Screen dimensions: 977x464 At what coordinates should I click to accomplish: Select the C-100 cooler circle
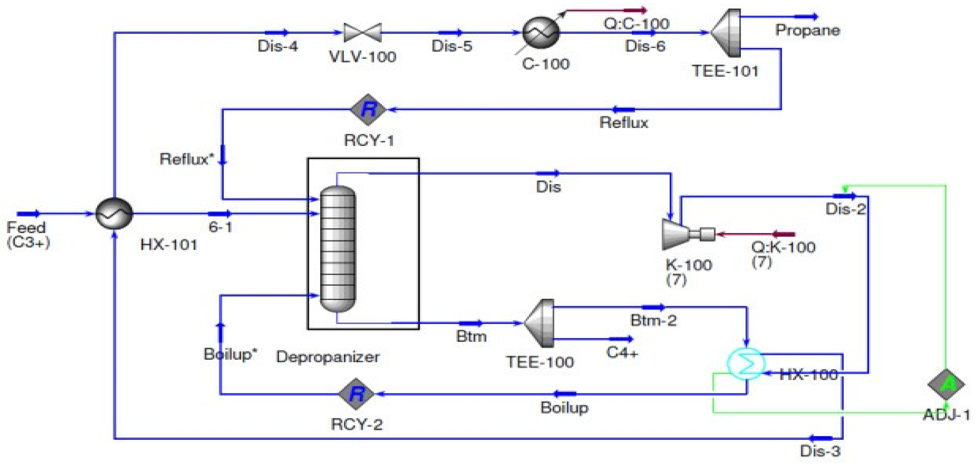pos(541,33)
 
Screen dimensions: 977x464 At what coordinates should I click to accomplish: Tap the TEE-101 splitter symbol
pos(726,33)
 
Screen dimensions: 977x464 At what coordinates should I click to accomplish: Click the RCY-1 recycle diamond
pos(368,109)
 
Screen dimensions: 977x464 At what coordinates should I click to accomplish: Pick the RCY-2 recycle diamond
pos(357,394)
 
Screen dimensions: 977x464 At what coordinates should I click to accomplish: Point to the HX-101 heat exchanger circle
pos(114,213)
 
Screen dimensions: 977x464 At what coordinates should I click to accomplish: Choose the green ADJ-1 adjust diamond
pos(946,384)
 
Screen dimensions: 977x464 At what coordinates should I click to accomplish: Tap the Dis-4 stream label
pos(277,46)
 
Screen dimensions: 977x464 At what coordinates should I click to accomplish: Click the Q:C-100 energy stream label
pos(636,24)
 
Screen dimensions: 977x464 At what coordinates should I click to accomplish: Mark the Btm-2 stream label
pos(653,321)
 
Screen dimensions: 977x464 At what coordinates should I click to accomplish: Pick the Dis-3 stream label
pos(820,451)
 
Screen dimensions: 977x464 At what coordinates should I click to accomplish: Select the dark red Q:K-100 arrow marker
pos(784,234)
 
